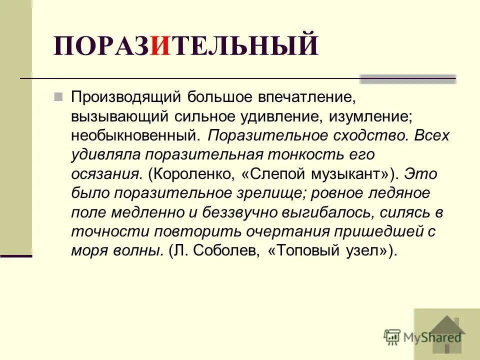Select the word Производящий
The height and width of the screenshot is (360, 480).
(126, 96)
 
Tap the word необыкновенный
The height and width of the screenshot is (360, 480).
(135, 135)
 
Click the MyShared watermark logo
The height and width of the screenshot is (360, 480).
(422, 336)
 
